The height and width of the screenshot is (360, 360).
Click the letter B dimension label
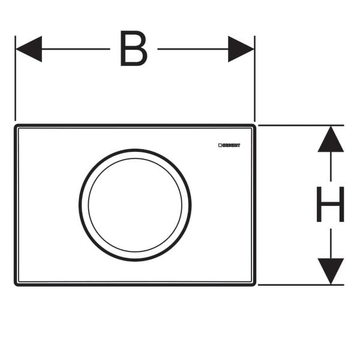tap(133, 49)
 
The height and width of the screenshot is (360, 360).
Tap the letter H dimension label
tap(330, 205)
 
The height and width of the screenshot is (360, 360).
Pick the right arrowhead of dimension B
tap(241, 49)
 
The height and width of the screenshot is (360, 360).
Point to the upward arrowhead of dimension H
tap(331, 139)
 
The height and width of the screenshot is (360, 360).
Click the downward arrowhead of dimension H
tap(331, 271)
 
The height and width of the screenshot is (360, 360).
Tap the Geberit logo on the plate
tap(229, 145)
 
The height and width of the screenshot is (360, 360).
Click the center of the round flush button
tap(134, 205)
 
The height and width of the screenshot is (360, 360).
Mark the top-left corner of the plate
tap(16, 127)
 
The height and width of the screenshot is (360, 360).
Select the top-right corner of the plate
tap(254, 127)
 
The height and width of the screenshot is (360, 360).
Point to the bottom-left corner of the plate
tap(16, 283)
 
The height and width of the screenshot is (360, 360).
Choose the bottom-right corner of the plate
tap(254, 283)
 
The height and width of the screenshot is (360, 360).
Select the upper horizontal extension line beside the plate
tap(300, 125)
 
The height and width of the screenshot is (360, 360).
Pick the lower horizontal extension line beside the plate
tap(300, 285)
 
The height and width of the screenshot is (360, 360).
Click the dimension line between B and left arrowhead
tap(75, 49)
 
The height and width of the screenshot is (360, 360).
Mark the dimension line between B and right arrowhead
tap(192, 49)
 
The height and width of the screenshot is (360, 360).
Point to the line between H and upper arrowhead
tap(331, 168)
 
